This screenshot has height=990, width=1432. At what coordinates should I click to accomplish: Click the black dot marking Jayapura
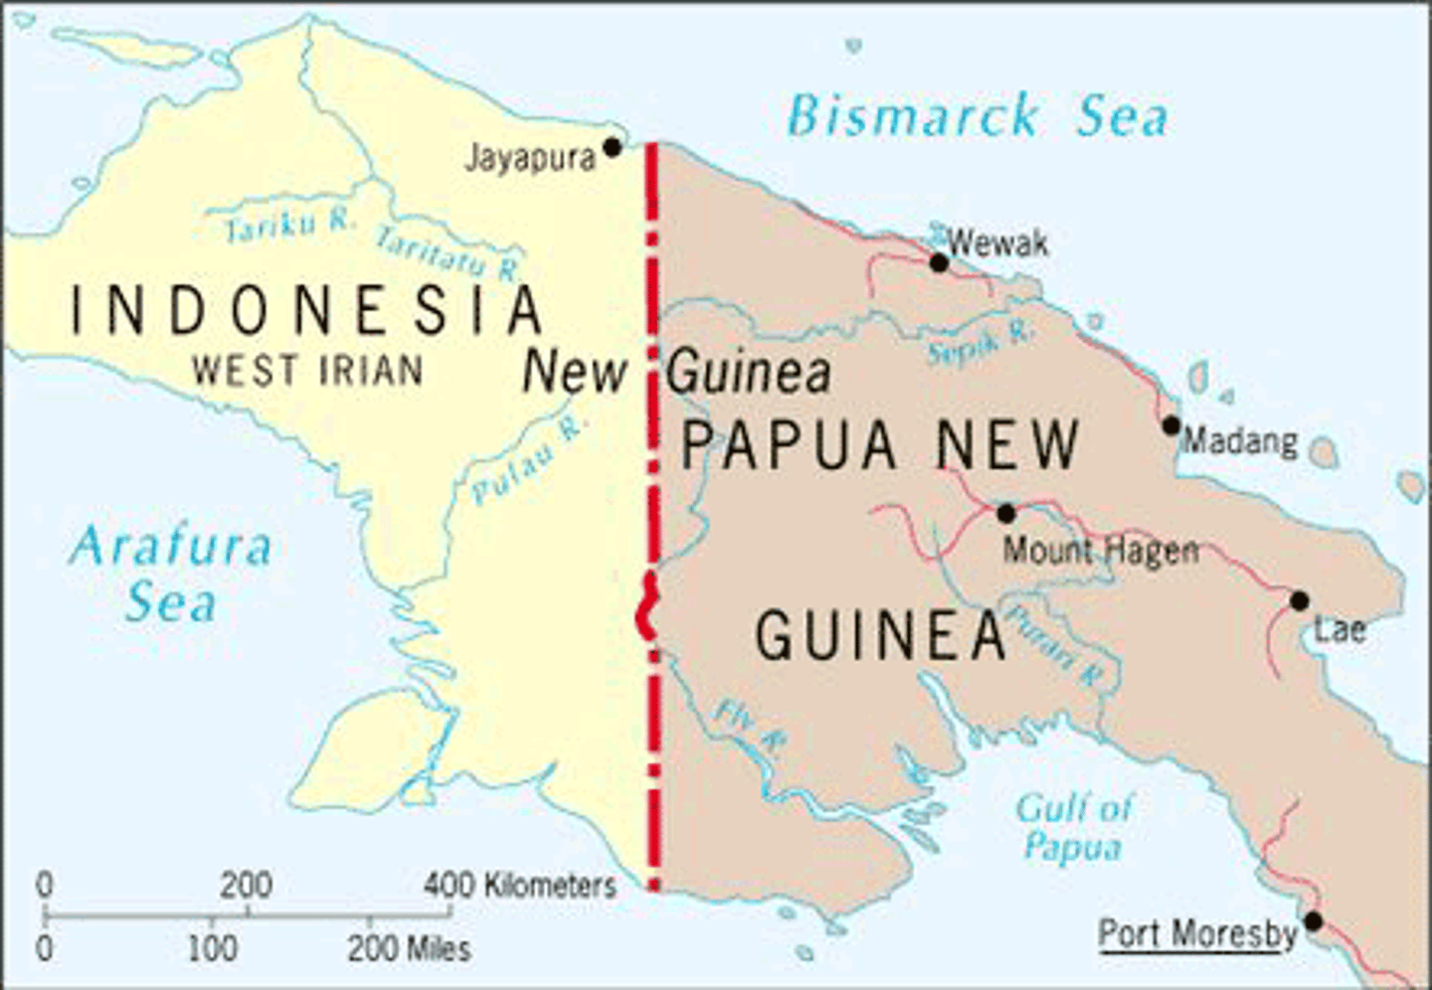(613, 147)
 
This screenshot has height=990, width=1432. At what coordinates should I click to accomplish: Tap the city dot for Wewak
(939, 262)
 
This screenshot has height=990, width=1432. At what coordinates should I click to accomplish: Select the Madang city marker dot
(1171, 425)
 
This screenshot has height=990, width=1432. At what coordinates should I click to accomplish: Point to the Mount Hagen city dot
(1005, 513)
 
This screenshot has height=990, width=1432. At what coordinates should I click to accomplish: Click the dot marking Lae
(1299, 600)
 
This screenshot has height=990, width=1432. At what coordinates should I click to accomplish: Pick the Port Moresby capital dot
(1313, 921)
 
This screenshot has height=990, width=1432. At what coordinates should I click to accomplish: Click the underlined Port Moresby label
(1197, 934)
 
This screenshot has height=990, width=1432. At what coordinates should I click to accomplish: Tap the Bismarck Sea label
(978, 116)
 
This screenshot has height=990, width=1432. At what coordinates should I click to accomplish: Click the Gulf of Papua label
(1074, 827)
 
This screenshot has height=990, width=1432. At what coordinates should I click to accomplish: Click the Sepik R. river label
(980, 344)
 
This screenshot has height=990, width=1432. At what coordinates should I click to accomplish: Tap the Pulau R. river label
(529, 460)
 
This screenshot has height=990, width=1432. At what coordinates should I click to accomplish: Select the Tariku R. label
(288, 226)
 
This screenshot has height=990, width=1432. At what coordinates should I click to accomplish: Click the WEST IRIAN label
(308, 371)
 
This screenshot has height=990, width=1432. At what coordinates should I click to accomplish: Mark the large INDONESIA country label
(306, 310)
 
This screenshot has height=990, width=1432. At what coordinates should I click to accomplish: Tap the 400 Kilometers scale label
(520, 885)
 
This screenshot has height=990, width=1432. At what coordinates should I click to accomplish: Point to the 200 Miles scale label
(409, 948)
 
